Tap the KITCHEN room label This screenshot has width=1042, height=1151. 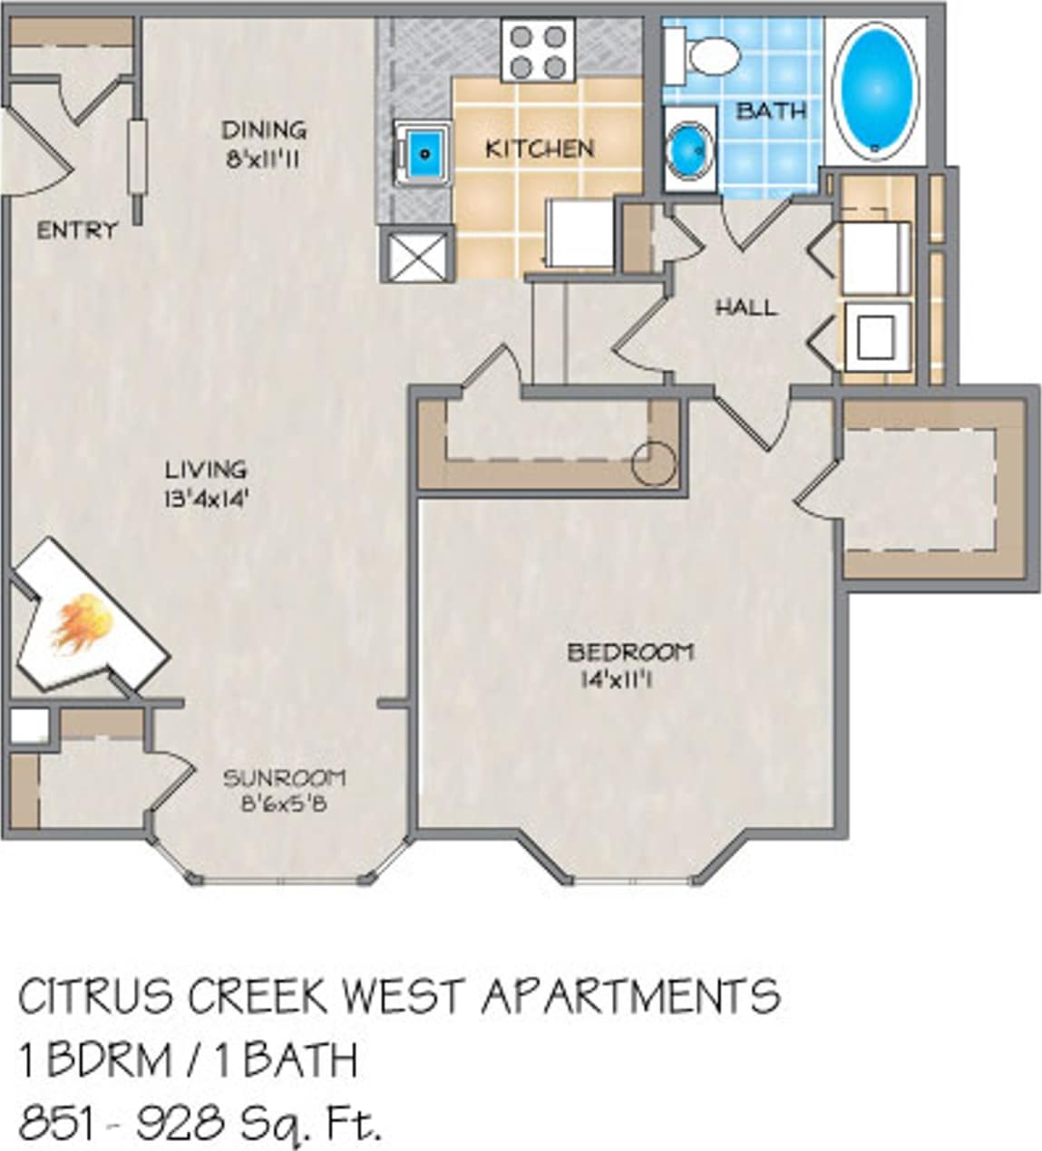(x=540, y=148)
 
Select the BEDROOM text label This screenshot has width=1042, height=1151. (x=630, y=651)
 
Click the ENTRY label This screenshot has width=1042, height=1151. (x=77, y=230)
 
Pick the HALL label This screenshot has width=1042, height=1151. (x=745, y=307)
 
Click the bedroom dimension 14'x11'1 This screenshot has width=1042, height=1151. (x=617, y=678)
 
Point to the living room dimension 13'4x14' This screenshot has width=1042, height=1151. (x=206, y=497)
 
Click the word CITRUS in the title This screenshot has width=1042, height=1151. (x=96, y=997)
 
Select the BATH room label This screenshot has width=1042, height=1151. (x=771, y=111)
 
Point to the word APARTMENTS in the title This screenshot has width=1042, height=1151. (x=630, y=997)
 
